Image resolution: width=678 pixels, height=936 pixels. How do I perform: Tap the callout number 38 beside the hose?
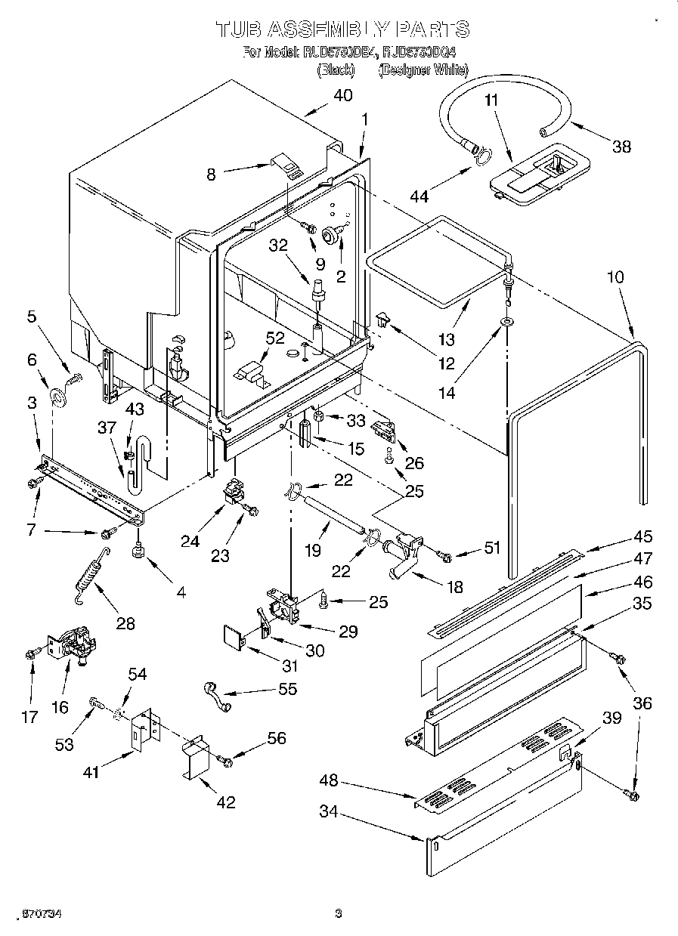(621, 147)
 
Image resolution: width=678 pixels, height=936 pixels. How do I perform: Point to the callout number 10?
(615, 277)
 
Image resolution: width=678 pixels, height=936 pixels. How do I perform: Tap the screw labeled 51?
(445, 558)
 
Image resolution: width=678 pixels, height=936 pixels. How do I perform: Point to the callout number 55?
(288, 689)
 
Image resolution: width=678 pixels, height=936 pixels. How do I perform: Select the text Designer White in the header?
(423, 70)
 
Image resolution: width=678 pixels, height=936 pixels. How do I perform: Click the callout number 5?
(32, 318)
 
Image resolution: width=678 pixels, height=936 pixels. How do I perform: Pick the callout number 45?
(642, 537)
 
